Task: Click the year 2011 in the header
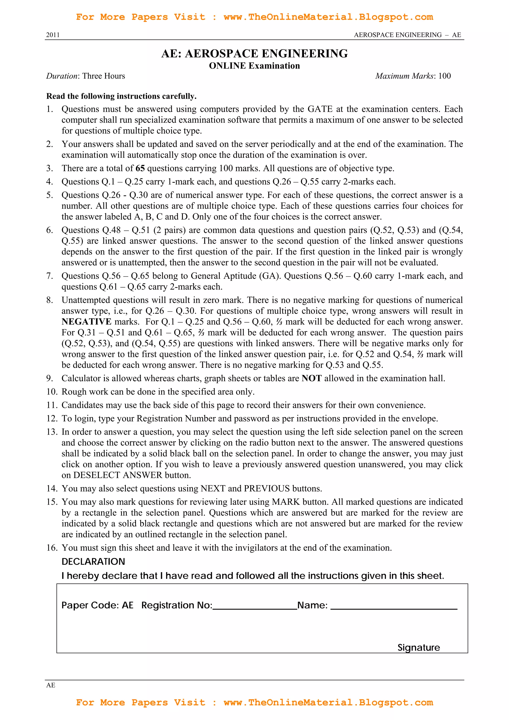point(53,35)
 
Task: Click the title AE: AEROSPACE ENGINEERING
point(254,54)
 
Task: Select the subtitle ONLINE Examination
point(254,66)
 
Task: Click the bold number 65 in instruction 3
point(140,169)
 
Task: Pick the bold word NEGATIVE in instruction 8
point(86,322)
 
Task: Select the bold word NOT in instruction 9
point(311,379)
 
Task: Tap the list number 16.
point(52,548)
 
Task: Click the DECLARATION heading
point(93,562)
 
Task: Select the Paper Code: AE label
point(97,605)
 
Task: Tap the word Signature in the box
point(419,648)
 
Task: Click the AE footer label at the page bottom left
point(50,685)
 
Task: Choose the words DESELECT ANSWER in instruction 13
point(118,475)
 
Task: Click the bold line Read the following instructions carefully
point(121,96)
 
